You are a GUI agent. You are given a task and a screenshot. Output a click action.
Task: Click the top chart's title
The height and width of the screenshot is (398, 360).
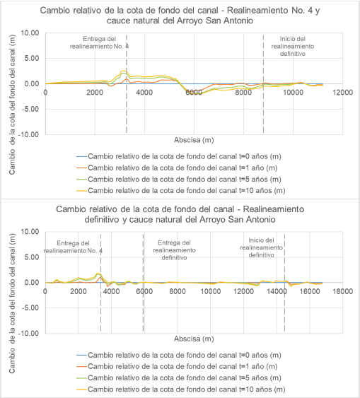180,16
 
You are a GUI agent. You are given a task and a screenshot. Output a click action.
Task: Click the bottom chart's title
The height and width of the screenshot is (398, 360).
180,214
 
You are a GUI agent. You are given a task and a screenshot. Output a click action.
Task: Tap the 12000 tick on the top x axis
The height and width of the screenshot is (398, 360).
343,92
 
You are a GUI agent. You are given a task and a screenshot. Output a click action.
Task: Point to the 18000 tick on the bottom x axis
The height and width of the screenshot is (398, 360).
343,291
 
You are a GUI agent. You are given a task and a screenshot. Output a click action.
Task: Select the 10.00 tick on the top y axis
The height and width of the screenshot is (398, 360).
30,33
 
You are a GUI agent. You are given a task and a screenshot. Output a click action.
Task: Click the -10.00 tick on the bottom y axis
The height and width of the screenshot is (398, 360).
29,333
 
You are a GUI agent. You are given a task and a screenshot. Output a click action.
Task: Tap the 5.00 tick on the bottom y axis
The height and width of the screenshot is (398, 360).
32,257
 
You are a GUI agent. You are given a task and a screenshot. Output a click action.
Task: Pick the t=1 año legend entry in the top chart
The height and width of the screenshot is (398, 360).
177,168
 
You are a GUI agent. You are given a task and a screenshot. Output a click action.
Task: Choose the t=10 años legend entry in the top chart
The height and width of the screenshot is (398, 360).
181,190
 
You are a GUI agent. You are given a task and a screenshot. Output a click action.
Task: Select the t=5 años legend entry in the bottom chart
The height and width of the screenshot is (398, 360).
179,377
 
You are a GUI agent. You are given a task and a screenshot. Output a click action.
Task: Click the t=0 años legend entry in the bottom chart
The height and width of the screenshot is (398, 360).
179,355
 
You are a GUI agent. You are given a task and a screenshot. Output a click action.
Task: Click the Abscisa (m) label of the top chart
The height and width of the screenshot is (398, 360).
194,140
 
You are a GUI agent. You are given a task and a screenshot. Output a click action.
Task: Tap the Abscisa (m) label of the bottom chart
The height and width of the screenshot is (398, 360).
194,339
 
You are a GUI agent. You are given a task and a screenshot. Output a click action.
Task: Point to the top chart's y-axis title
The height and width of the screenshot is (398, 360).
12,105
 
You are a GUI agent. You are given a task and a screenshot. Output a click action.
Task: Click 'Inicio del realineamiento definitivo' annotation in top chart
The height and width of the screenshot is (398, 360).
293,46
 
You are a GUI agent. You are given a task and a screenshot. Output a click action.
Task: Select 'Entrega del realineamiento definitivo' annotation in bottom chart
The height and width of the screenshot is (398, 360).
174,250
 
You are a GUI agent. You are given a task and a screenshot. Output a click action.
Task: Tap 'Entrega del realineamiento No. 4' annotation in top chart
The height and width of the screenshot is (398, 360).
99,42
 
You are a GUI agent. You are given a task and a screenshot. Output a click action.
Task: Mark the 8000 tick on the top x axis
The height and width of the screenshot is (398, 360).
243,92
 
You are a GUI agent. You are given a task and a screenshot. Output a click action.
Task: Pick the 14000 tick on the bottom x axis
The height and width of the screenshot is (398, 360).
277,291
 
